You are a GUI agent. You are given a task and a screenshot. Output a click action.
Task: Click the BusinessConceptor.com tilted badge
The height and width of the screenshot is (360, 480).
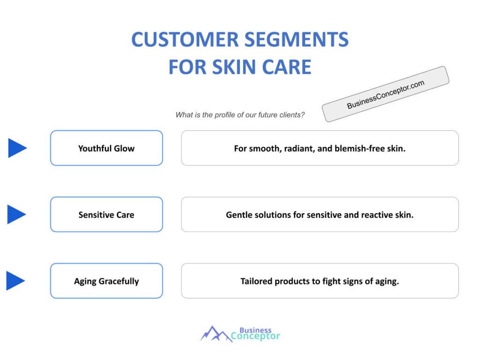[x=386, y=94]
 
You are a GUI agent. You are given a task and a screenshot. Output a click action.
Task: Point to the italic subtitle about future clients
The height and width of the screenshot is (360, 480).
[x=240, y=115]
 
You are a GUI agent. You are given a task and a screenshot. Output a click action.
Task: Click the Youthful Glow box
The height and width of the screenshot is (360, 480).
[x=106, y=148]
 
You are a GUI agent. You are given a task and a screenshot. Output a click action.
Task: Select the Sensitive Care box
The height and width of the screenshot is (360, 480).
[x=106, y=215]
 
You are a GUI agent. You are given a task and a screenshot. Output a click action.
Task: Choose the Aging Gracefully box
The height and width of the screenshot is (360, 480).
[x=106, y=281]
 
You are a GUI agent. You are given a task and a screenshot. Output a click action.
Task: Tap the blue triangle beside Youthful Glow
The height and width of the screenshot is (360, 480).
[x=17, y=148]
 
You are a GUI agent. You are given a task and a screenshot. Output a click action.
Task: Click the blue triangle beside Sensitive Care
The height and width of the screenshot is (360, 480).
[x=17, y=215]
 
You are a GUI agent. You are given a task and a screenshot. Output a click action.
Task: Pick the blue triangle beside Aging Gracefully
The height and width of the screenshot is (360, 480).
[x=15, y=281]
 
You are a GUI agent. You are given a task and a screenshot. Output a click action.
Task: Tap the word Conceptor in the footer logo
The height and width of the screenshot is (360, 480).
[x=256, y=336]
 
